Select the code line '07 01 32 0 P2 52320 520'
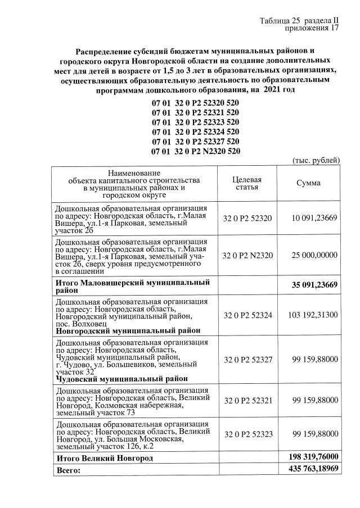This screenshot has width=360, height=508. click(195, 103)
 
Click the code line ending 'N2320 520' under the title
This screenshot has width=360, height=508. click(195, 151)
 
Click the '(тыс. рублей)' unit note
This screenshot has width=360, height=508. click(317, 161)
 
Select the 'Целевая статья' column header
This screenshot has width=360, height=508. click(247, 183)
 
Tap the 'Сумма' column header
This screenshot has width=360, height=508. click(309, 183)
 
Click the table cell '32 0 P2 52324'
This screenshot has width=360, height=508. click(247, 314)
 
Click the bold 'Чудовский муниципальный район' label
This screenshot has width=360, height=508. click(121, 379)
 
